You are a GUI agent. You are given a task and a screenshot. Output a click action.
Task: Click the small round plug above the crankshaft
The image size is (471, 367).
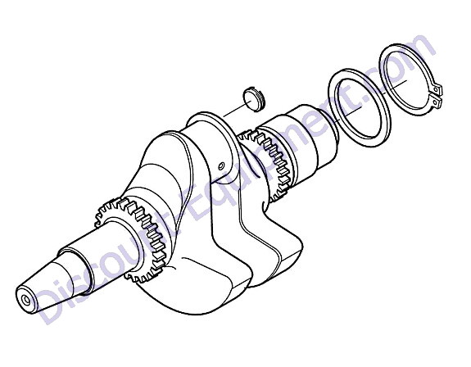[254, 99]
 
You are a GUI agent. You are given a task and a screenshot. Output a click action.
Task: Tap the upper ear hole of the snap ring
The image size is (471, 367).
[436, 89]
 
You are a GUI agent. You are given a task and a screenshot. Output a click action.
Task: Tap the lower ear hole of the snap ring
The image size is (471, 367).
[435, 102]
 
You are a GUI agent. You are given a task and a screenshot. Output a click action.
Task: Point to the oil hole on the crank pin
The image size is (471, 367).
[222, 165]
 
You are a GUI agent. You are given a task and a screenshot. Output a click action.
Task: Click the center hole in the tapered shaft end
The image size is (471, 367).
[26, 300]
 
